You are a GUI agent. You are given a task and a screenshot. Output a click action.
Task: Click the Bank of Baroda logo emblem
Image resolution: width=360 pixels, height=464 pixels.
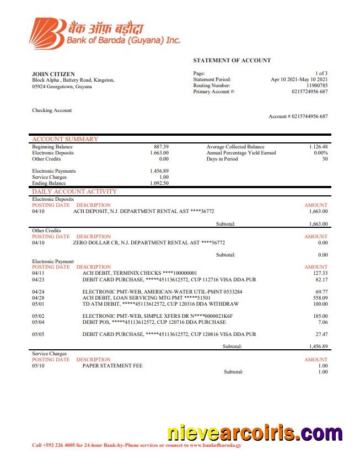(x=46, y=33)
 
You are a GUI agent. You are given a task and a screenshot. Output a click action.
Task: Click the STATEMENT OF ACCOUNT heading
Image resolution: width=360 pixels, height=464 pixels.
(x=232, y=60)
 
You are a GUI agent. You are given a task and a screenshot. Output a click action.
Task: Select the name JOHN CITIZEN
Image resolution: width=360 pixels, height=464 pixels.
(x=53, y=74)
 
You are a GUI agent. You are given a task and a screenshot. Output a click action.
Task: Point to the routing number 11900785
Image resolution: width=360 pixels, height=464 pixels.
(x=316, y=86)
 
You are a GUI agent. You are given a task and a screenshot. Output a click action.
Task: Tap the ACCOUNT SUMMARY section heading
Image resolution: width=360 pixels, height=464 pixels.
(x=65, y=140)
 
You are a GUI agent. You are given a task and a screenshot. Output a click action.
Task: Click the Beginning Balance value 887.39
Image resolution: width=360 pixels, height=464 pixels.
(x=161, y=147)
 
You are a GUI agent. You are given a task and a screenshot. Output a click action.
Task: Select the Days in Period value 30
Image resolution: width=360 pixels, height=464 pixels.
(x=325, y=159)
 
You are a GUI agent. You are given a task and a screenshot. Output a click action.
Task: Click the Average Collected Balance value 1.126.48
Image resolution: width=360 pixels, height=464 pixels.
(x=318, y=147)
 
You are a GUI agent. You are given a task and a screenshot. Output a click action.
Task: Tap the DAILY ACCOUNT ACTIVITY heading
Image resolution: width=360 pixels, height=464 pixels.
(x=74, y=192)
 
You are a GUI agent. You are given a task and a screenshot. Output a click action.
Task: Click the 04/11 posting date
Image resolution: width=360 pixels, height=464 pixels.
(x=38, y=273)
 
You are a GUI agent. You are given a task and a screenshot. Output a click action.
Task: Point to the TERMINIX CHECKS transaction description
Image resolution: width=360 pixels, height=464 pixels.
(x=139, y=273)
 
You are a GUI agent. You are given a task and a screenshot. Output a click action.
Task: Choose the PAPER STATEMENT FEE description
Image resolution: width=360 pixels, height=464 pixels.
(x=113, y=365)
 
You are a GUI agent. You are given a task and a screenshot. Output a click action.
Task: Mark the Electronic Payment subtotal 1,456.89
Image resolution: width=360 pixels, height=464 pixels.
(x=318, y=346)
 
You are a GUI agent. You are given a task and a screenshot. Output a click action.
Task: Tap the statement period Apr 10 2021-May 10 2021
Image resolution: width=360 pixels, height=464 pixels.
(x=299, y=79)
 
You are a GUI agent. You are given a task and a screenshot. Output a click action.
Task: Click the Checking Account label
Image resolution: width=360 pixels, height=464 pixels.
(x=52, y=110)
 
